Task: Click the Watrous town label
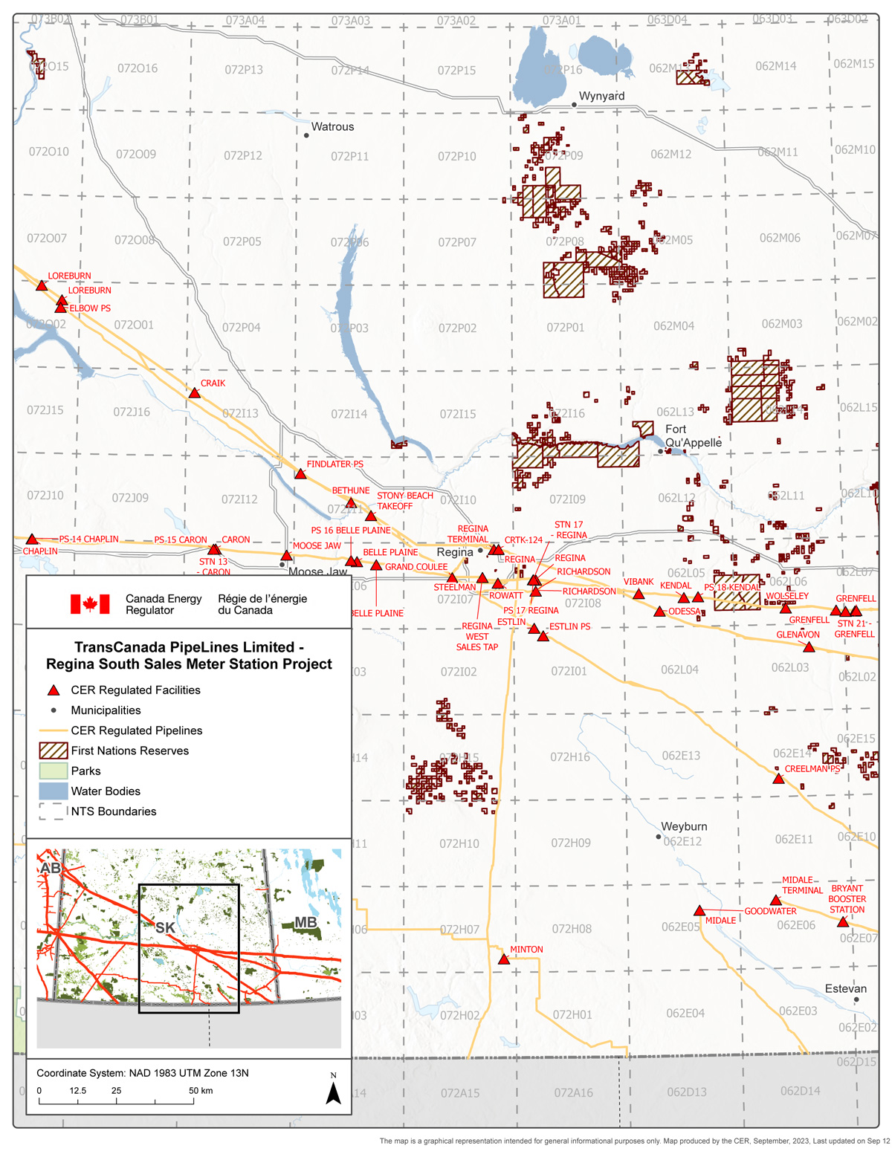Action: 332,127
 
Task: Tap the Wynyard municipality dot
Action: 574,105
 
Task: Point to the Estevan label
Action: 845,989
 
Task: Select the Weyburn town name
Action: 684,827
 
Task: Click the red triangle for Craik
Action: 195,393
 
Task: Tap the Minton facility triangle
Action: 504,959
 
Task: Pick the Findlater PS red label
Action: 334,464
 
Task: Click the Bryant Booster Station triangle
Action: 842,922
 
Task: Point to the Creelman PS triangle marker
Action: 778,779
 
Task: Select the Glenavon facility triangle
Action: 809,647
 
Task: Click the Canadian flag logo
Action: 90,604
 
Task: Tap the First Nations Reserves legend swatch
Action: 53,751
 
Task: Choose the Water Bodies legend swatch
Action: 53,791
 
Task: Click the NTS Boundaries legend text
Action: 114,811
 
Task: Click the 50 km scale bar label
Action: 200,1091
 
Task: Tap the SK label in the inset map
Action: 165,928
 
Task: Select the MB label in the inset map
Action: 306,923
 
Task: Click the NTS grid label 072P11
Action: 349,157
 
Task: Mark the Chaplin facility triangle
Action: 32,539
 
